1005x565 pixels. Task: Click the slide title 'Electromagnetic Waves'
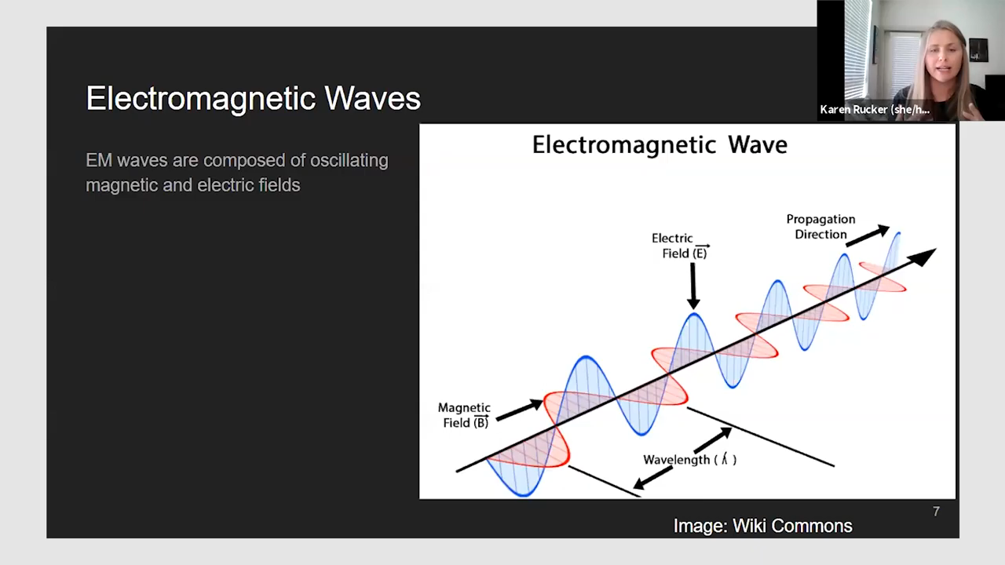[x=253, y=98]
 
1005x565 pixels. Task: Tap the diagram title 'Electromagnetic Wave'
[x=660, y=145]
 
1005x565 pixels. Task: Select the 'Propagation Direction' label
[x=820, y=227]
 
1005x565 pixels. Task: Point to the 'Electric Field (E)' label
[x=680, y=246]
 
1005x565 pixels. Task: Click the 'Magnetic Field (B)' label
[x=464, y=415]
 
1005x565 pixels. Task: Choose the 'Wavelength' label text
[x=677, y=460]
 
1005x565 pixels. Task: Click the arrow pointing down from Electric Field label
[x=693, y=286]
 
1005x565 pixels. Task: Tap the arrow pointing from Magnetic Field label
[x=520, y=410]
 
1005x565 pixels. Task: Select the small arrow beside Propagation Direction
[x=868, y=236]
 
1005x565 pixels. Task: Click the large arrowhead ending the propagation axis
[x=922, y=257]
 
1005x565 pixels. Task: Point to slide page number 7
[x=936, y=512]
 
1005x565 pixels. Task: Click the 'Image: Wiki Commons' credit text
[x=762, y=526]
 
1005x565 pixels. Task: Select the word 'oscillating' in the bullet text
[x=349, y=161]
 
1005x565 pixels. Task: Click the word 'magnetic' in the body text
[x=121, y=185]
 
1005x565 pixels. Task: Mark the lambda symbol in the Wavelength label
[x=724, y=459]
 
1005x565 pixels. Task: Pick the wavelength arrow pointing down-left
[x=652, y=478]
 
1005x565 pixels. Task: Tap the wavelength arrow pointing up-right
[x=713, y=440]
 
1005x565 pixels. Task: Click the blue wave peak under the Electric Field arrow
[x=694, y=315]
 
